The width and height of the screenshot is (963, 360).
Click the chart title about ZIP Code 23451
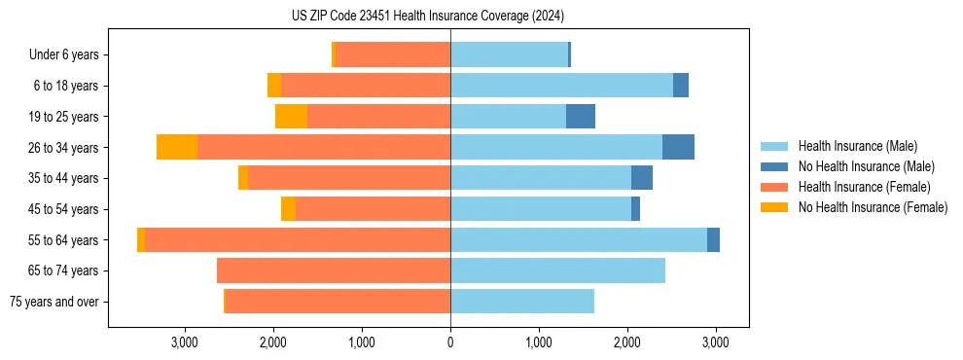pyautogui.click(x=427, y=17)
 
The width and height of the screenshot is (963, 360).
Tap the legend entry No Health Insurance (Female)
pyautogui.click(x=873, y=207)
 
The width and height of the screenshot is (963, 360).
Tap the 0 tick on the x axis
pyautogui.click(x=450, y=342)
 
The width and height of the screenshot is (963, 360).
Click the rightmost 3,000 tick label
pyautogui.click(x=716, y=342)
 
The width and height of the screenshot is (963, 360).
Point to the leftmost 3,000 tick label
pyautogui.click(x=185, y=342)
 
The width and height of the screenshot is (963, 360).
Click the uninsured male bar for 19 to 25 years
pyautogui.click(x=581, y=117)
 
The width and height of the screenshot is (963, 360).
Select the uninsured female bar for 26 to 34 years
pyautogui.click(x=177, y=147)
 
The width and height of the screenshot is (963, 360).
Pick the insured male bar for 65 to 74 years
pyautogui.click(x=557, y=270)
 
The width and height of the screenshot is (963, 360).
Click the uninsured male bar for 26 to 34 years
pyautogui.click(x=678, y=147)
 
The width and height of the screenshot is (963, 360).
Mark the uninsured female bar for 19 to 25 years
pyautogui.click(x=291, y=117)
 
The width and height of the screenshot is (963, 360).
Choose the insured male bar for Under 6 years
pyautogui.click(x=509, y=54)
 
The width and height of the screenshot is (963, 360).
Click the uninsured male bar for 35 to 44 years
pyautogui.click(x=642, y=178)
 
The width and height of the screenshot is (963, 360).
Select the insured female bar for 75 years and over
pyautogui.click(x=338, y=302)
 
